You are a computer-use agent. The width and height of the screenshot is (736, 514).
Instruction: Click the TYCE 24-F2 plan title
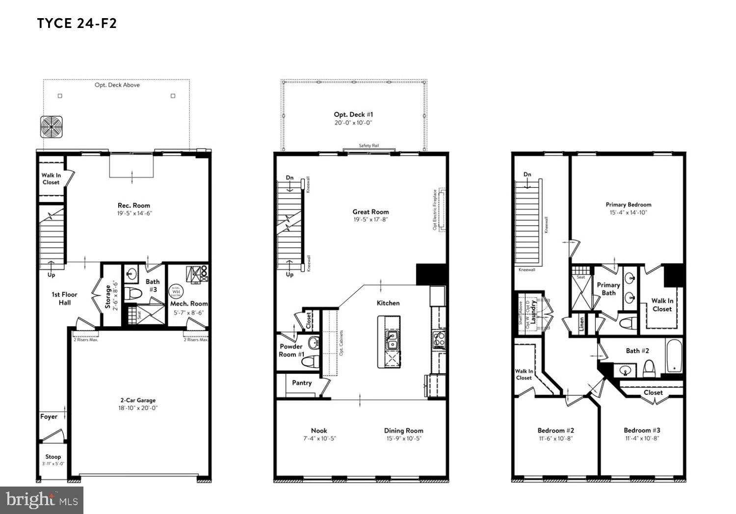click(x=77, y=24)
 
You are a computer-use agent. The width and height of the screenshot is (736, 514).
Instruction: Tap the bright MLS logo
click(x=42, y=500)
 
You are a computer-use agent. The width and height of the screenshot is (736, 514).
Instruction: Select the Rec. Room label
click(x=133, y=206)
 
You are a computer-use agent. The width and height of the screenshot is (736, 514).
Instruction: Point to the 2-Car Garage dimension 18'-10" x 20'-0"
click(x=138, y=408)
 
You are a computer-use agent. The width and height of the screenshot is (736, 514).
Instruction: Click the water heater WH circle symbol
click(x=175, y=291)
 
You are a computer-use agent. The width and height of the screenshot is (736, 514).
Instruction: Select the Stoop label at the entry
click(x=53, y=457)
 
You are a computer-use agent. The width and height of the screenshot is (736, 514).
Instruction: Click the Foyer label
click(x=49, y=416)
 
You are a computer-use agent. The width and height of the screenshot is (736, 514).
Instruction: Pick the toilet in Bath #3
click(x=133, y=294)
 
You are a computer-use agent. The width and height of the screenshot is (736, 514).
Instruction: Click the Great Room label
click(x=370, y=212)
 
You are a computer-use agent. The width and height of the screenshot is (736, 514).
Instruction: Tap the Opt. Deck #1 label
click(x=353, y=114)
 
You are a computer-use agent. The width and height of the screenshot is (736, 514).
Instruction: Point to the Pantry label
click(x=302, y=383)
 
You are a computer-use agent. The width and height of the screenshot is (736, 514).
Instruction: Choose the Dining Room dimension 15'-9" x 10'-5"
click(x=403, y=438)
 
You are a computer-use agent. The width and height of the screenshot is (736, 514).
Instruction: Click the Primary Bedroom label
click(x=628, y=205)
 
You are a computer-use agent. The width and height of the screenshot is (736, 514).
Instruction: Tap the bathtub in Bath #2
click(x=674, y=355)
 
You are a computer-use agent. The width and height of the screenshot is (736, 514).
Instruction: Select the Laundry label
click(x=533, y=310)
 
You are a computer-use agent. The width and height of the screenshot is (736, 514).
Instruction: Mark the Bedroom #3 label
click(x=642, y=430)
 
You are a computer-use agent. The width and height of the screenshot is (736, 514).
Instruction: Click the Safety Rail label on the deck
click(x=368, y=146)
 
